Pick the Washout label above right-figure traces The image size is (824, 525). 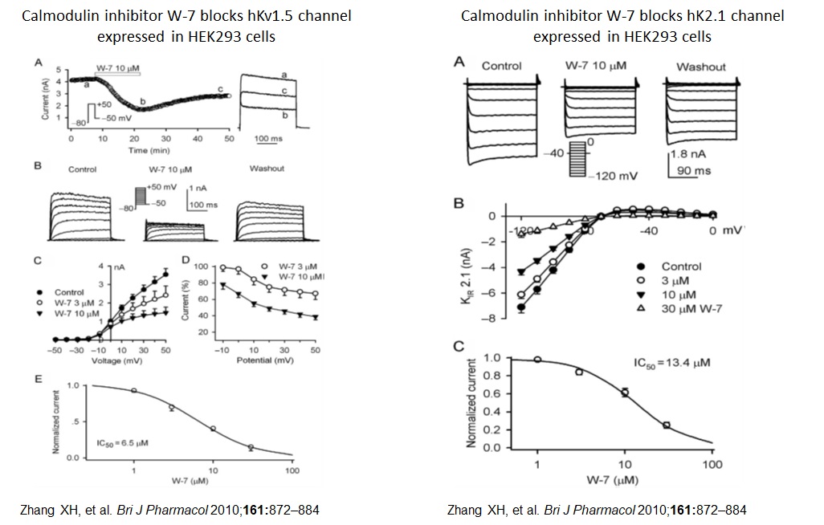pos(700,67)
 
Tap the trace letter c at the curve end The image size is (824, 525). pos(220,88)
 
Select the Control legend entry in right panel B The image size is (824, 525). pos(681,266)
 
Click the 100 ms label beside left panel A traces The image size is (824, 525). pos(268,138)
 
